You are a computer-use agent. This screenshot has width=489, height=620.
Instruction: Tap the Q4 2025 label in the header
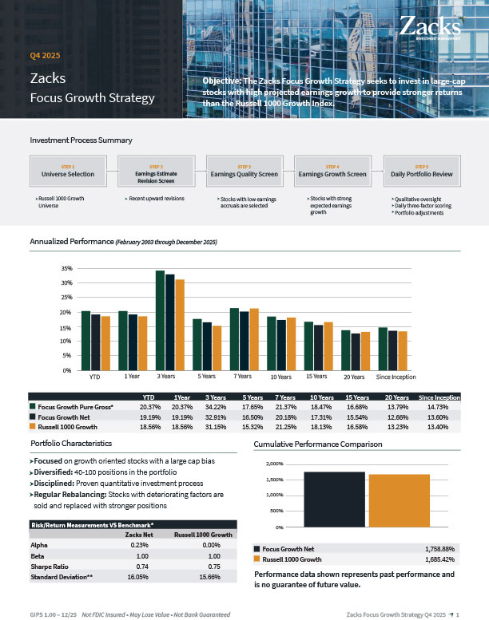click(46, 56)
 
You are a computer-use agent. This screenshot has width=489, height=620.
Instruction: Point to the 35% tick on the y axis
click(67, 269)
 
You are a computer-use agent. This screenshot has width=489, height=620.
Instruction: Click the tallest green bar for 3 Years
click(160, 319)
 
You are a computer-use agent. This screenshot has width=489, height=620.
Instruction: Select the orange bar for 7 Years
click(254, 338)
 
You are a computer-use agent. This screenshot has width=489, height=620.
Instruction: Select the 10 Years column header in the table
click(321, 397)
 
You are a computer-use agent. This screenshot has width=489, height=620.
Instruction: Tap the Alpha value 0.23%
click(137, 544)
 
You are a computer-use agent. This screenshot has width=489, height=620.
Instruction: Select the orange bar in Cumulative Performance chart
click(399, 500)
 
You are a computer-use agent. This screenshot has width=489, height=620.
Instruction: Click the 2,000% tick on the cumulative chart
click(272, 464)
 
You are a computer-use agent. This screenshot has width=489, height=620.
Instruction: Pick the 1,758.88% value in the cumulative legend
click(436, 549)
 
